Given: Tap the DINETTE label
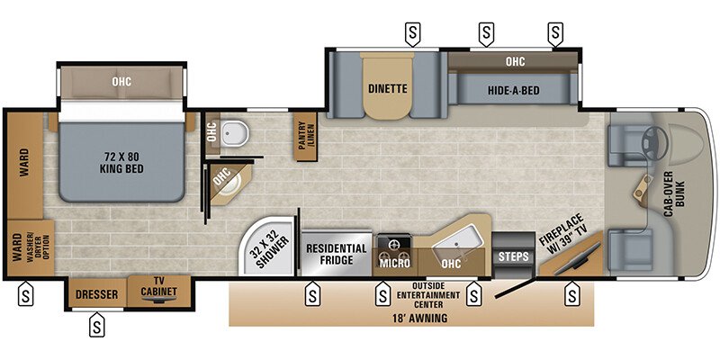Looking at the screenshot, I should [388, 89].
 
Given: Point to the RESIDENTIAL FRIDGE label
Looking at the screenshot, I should [337, 254].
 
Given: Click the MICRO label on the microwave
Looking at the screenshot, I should [394, 263].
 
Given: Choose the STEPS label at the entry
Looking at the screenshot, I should [513, 256].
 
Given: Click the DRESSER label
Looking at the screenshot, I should [96, 293].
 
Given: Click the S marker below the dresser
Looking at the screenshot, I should [96, 327].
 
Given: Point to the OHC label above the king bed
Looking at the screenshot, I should [121, 82].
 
